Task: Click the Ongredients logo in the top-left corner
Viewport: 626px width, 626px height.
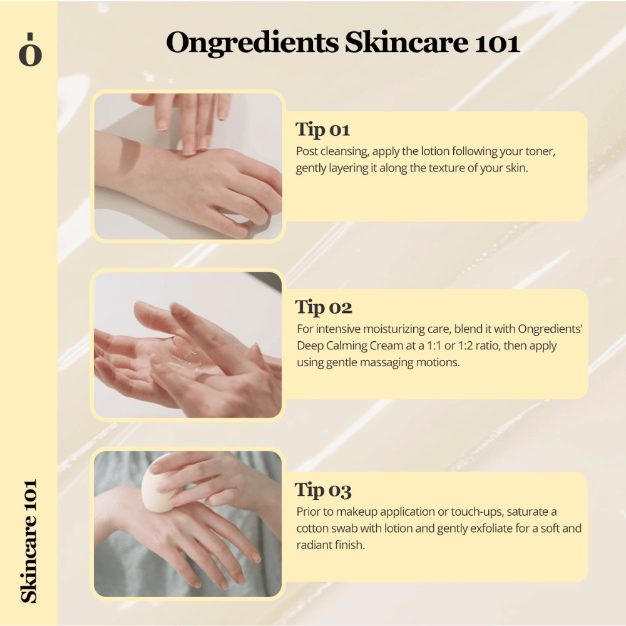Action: coord(29,52)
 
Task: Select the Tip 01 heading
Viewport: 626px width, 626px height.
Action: coord(322,130)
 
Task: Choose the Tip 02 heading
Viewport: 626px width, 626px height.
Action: coord(324,307)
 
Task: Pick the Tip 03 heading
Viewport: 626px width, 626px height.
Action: coord(324,490)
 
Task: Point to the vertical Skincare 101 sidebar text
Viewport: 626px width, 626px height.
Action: coord(29,541)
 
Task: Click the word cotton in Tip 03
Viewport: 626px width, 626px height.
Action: coord(315,528)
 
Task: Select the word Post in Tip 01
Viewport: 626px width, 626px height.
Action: coord(308,152)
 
